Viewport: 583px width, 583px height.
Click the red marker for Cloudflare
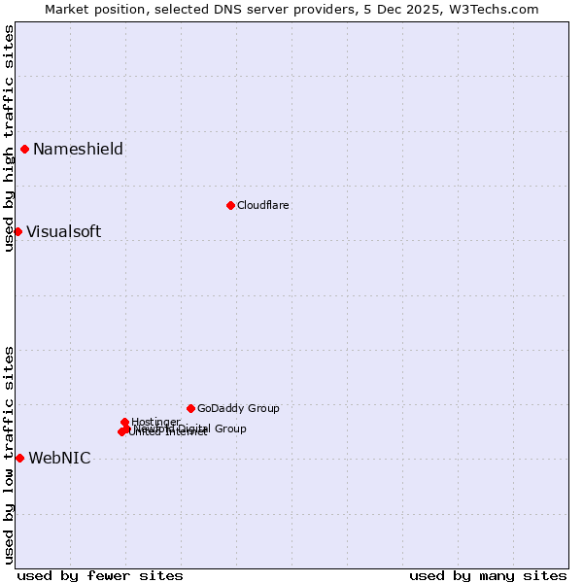coord(230,205)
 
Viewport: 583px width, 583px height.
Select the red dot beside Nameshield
coord(24,149)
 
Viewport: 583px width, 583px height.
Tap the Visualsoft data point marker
coord(17,231)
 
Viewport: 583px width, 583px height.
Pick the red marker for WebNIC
coord(19,458)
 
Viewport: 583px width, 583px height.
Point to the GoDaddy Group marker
coord(190,408)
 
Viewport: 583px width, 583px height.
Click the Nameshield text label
coord(78,149)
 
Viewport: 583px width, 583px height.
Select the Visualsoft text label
coord(63,231)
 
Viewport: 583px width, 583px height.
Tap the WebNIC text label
coord(59,458)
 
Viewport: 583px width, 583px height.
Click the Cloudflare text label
coord(263,205)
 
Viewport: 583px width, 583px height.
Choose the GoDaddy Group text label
coord(238,408)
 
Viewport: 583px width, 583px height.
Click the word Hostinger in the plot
coord(155,422)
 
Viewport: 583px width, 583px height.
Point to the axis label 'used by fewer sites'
coord(100,575)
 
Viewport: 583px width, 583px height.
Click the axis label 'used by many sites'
coord(488,575)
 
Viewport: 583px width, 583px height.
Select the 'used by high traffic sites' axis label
coord(9,138)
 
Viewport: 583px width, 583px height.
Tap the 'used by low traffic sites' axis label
coord(9,454)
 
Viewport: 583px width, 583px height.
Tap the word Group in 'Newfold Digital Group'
coord(230,429)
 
